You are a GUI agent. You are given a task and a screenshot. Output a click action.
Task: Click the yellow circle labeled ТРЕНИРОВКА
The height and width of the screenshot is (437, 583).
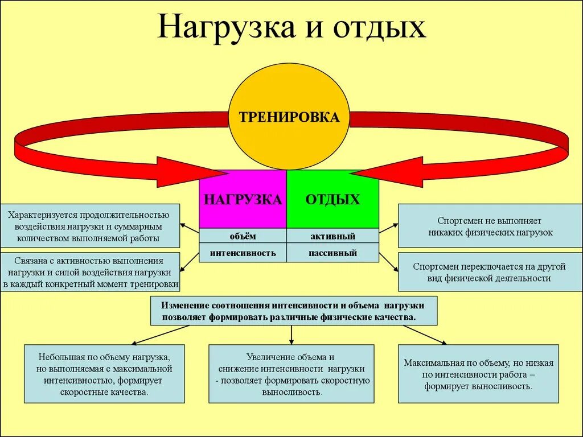(x=289, y=117)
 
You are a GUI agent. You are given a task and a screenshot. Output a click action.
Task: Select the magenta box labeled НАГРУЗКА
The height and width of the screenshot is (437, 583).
(x=243, y=199)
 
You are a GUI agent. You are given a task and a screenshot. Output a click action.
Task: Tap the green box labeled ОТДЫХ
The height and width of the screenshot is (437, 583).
(x=332, y=199)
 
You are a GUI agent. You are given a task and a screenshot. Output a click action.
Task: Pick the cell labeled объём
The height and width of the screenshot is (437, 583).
(x=243, y=236)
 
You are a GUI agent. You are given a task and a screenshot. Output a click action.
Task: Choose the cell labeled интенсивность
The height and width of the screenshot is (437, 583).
(x=243, y=253)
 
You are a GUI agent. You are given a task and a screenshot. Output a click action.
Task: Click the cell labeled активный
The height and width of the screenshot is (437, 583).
(x=332, y=236)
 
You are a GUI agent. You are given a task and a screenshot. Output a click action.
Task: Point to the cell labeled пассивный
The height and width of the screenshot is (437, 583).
(x=332, y=253)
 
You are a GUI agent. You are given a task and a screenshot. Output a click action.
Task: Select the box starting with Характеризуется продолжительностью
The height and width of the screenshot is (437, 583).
(x=89, y=226)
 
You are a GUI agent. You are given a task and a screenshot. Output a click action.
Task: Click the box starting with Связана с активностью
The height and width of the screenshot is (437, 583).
(x=90, y=272)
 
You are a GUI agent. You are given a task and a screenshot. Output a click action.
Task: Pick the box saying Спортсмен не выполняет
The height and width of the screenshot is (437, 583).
(x=490, y=226)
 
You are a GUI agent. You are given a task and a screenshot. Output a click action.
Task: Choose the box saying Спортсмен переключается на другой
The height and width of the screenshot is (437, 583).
(x=490, y=272)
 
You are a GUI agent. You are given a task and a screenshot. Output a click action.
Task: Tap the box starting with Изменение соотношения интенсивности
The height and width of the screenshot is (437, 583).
(x=294, y=310)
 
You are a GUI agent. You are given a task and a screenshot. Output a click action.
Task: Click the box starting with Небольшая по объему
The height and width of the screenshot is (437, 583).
(x=104, y=374)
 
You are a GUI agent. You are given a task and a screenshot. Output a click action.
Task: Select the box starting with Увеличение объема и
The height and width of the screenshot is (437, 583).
(x=291, y=374)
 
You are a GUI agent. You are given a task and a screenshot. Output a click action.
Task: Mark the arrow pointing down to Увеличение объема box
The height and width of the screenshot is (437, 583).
(x=291, y=335)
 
